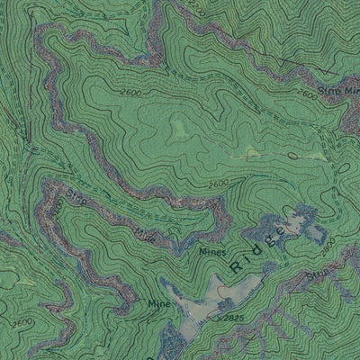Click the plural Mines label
click(211, 253)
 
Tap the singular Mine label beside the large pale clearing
click(159, 305)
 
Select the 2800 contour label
click(330, 244)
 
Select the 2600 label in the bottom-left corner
click(22, 321)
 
